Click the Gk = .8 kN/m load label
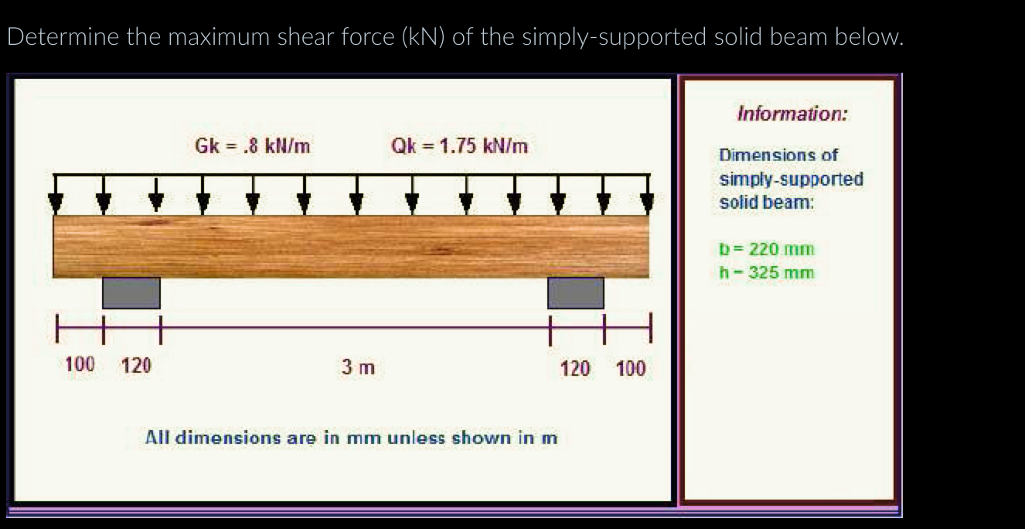point(253,145)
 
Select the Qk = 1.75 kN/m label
point(460,145)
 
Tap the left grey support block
point(131,292)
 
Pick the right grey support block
point(576,292)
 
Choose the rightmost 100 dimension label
point(631,367)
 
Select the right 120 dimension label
point(575,367)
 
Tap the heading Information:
point(792,114)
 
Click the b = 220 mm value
point(767,250)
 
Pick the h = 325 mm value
point(767,271)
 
